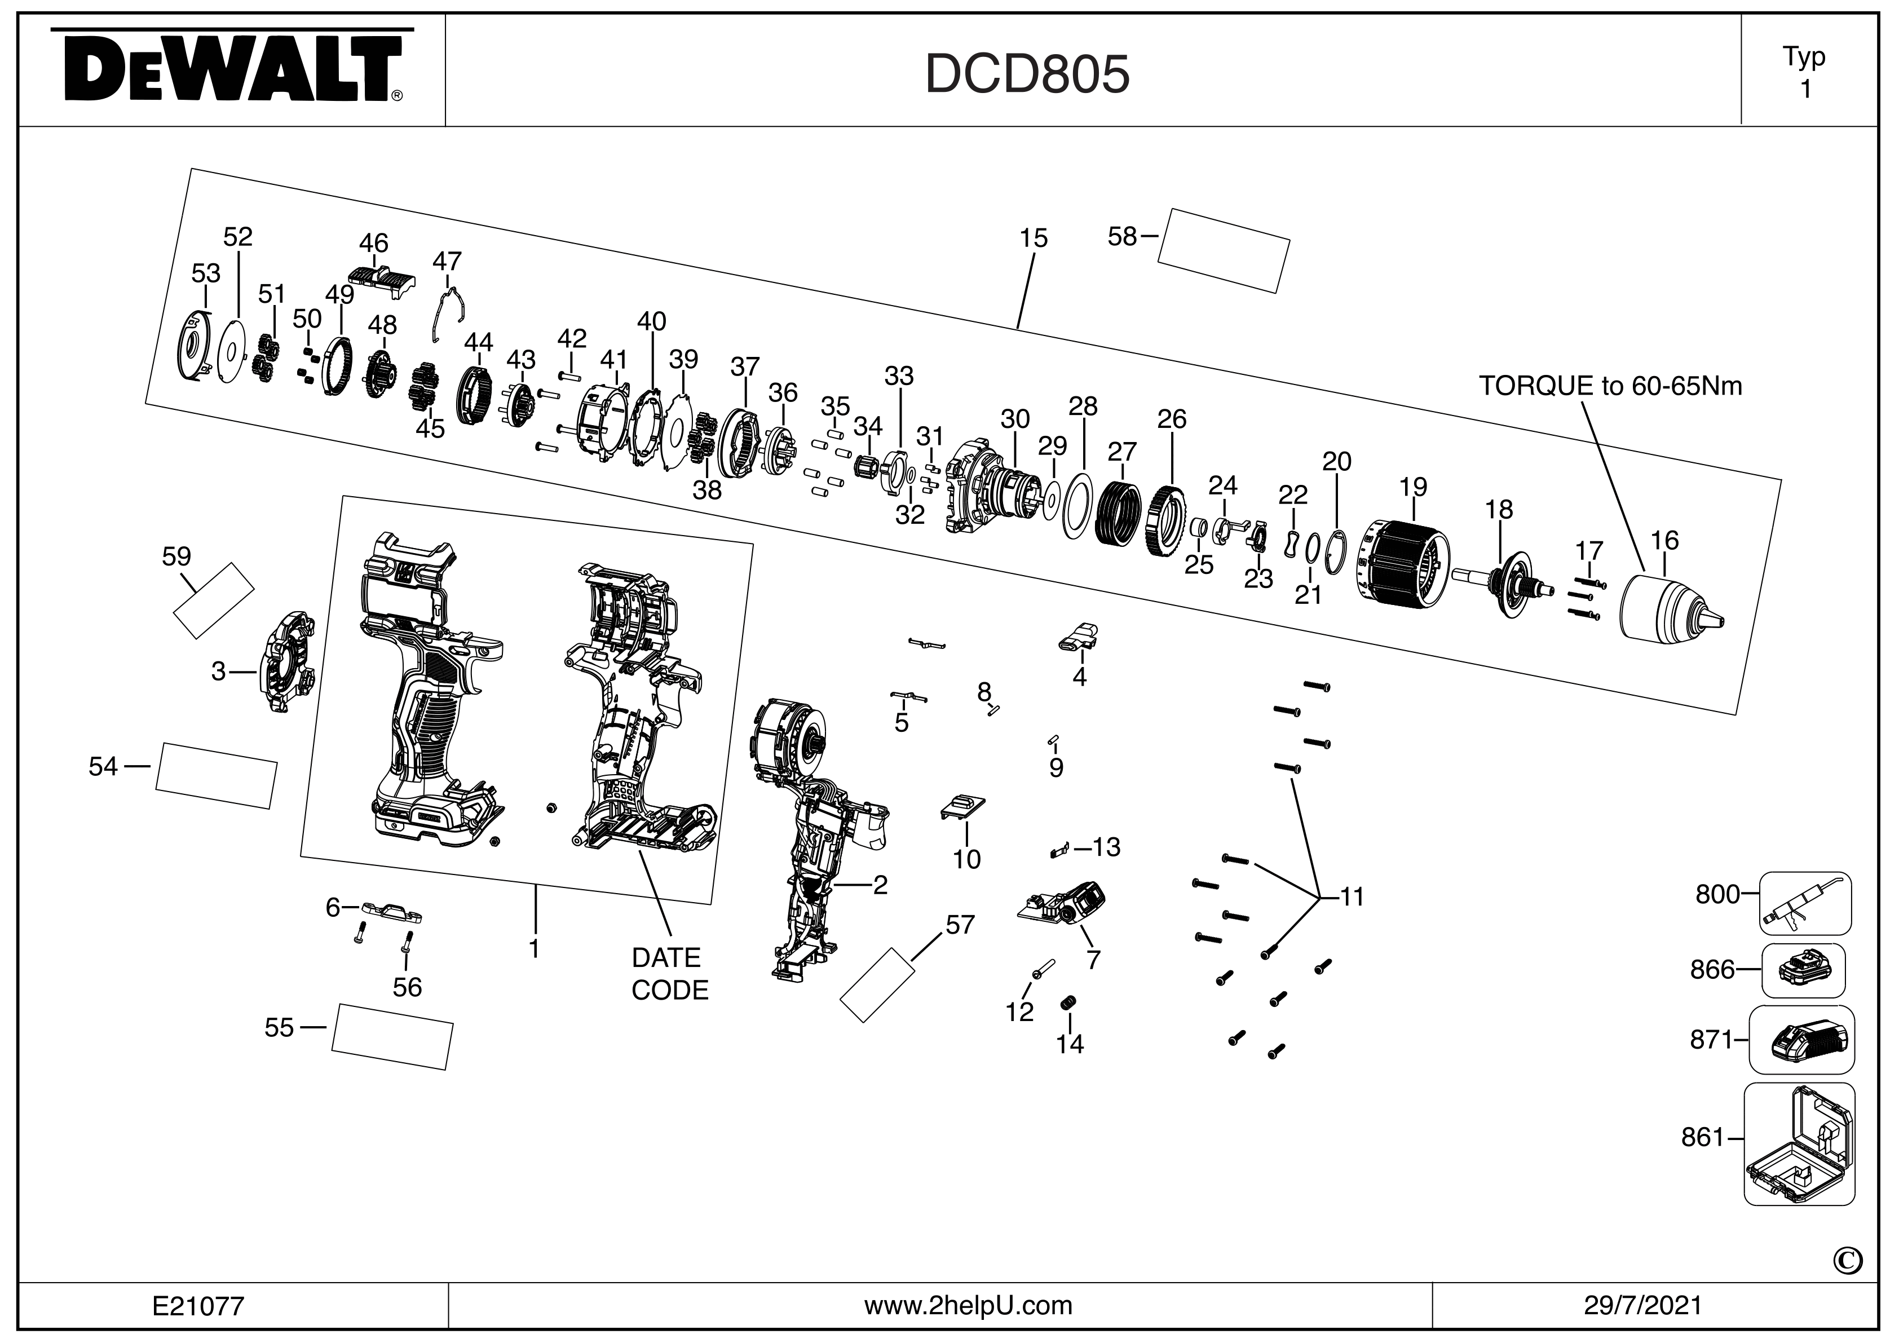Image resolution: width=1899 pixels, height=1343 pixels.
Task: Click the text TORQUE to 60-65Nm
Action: tap(1610, 386)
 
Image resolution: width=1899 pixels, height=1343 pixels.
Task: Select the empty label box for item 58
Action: tap(1224, 250)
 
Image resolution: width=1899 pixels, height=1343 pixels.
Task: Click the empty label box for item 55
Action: tap(392, 1037)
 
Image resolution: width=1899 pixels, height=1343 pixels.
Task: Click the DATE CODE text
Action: tap(669, 973)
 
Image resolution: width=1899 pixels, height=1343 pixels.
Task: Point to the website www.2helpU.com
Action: tap(968, 1306)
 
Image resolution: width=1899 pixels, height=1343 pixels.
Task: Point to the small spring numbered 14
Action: tap(1067, 1003)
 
